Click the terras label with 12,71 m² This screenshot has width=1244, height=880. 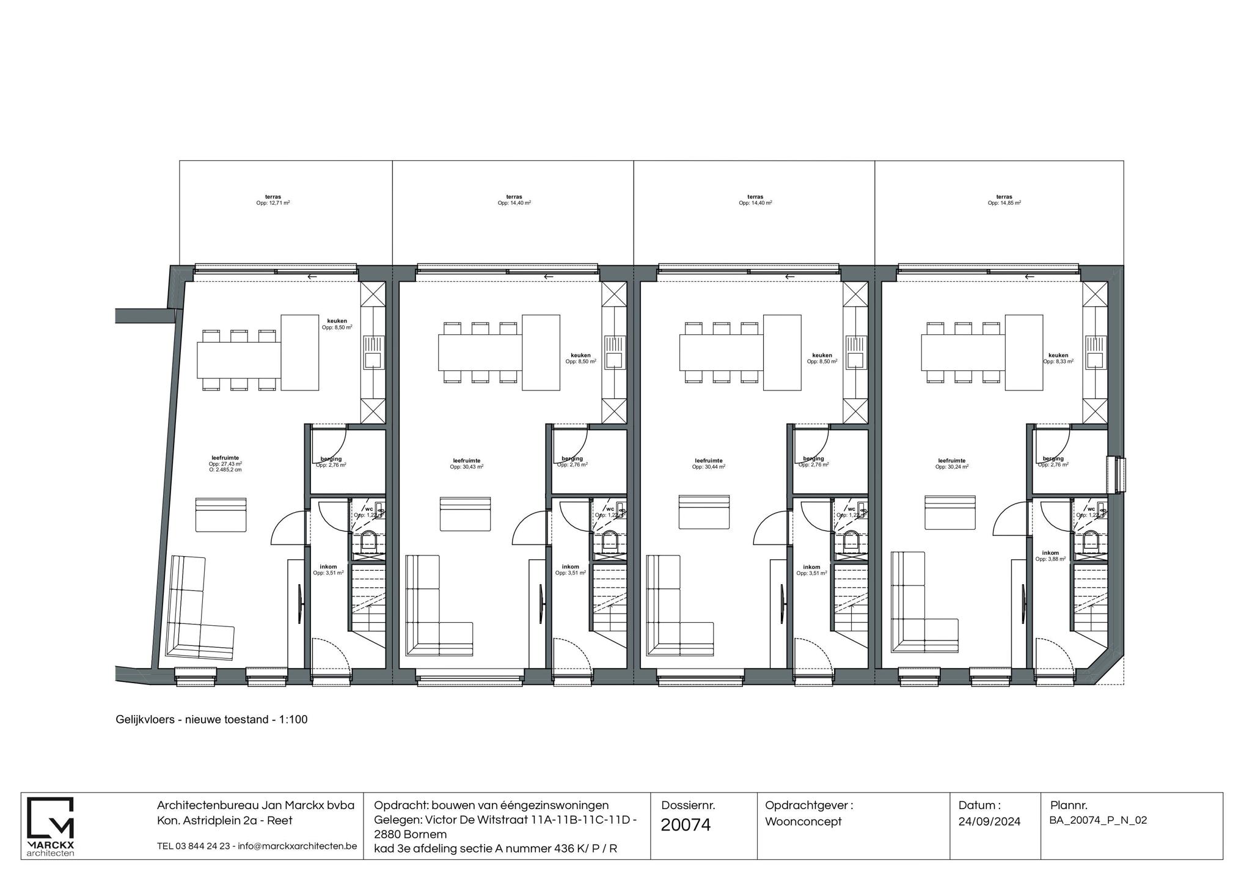click(x=273, y=200)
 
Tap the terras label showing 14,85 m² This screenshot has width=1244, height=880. click(x=1004, y=200)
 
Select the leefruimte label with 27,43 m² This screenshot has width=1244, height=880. click(x=225, y=463)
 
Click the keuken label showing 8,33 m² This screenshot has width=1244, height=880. click(x=1058, y=358)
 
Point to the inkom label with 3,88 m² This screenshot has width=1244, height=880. click(x=1050, y=555)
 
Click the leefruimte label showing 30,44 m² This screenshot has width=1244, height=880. click(x=708, y=464)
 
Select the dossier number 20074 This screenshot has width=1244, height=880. click(x=686, y=825)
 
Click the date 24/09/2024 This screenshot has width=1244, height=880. click(x=989, y=822)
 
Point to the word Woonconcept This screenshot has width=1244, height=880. click(x=803, y=822)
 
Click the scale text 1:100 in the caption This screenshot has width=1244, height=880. click(x=293, y=720)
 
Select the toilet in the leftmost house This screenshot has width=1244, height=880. click(x=369, y=541)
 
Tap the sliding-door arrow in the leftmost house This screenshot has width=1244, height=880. click(x=312, y=277)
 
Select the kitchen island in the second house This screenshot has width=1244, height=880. click(x=541, y=353)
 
